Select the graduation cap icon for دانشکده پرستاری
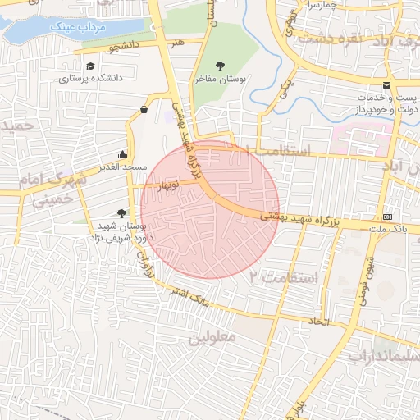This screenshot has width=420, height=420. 89,66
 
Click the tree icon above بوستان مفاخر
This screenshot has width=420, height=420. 219,65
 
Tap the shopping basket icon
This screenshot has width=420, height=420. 144,108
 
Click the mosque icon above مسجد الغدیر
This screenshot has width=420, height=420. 123,153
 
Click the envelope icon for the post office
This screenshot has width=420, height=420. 386,85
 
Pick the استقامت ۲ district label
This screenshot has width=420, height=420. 284,277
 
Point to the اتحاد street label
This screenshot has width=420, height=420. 320,321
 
